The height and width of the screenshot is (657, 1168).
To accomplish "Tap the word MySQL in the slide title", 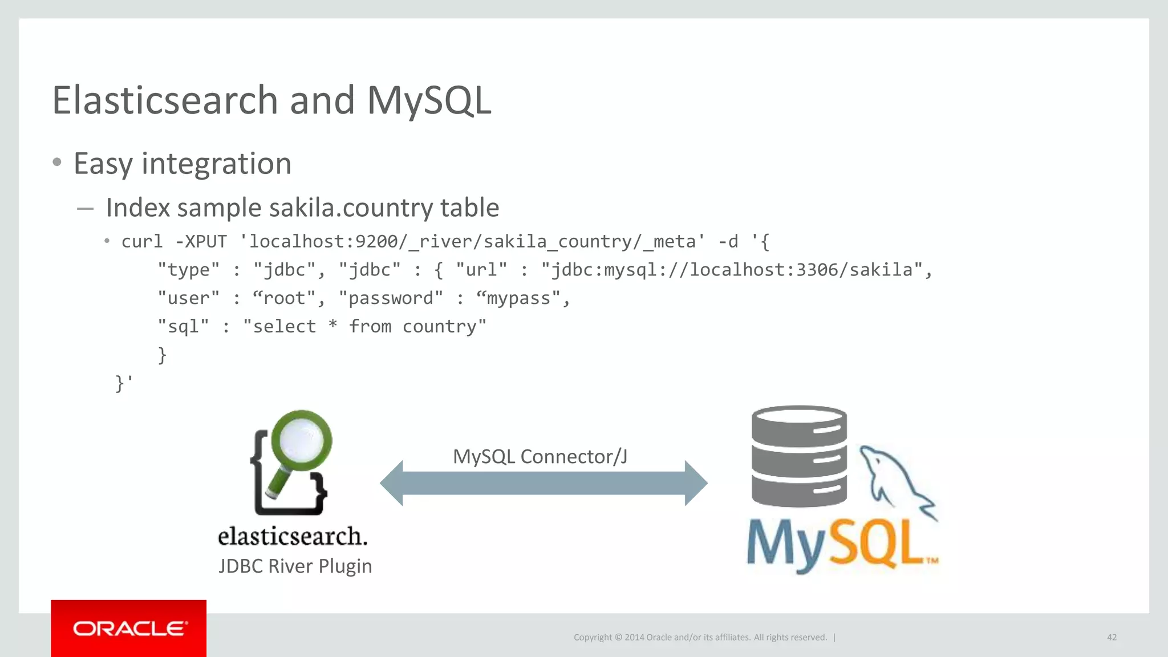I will pos(428,100).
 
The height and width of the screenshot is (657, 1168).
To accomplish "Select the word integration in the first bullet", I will pos(216,164).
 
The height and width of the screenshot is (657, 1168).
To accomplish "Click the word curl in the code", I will pos(142,241).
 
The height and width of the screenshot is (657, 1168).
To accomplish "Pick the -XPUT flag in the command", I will pos(201,241).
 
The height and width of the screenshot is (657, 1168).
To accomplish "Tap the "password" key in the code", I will pos(391,298).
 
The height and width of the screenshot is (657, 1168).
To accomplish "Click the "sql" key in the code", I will pos(183,326).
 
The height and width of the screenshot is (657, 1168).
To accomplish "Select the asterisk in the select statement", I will pos(332,325).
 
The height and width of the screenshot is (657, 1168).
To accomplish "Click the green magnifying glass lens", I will pos(302,440).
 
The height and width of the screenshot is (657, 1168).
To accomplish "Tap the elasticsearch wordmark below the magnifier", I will pos(293,536).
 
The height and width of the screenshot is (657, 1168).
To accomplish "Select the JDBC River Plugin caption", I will pos(295,566).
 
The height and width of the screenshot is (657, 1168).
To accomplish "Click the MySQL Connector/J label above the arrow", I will pos(540,456).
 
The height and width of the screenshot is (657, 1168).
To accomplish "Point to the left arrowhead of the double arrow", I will pos(392,483).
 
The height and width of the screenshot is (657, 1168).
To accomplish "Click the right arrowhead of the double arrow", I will pos(695,483).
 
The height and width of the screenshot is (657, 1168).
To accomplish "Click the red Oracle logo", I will pos(128,628).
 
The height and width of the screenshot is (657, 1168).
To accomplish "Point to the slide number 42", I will pos(1112,637).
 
